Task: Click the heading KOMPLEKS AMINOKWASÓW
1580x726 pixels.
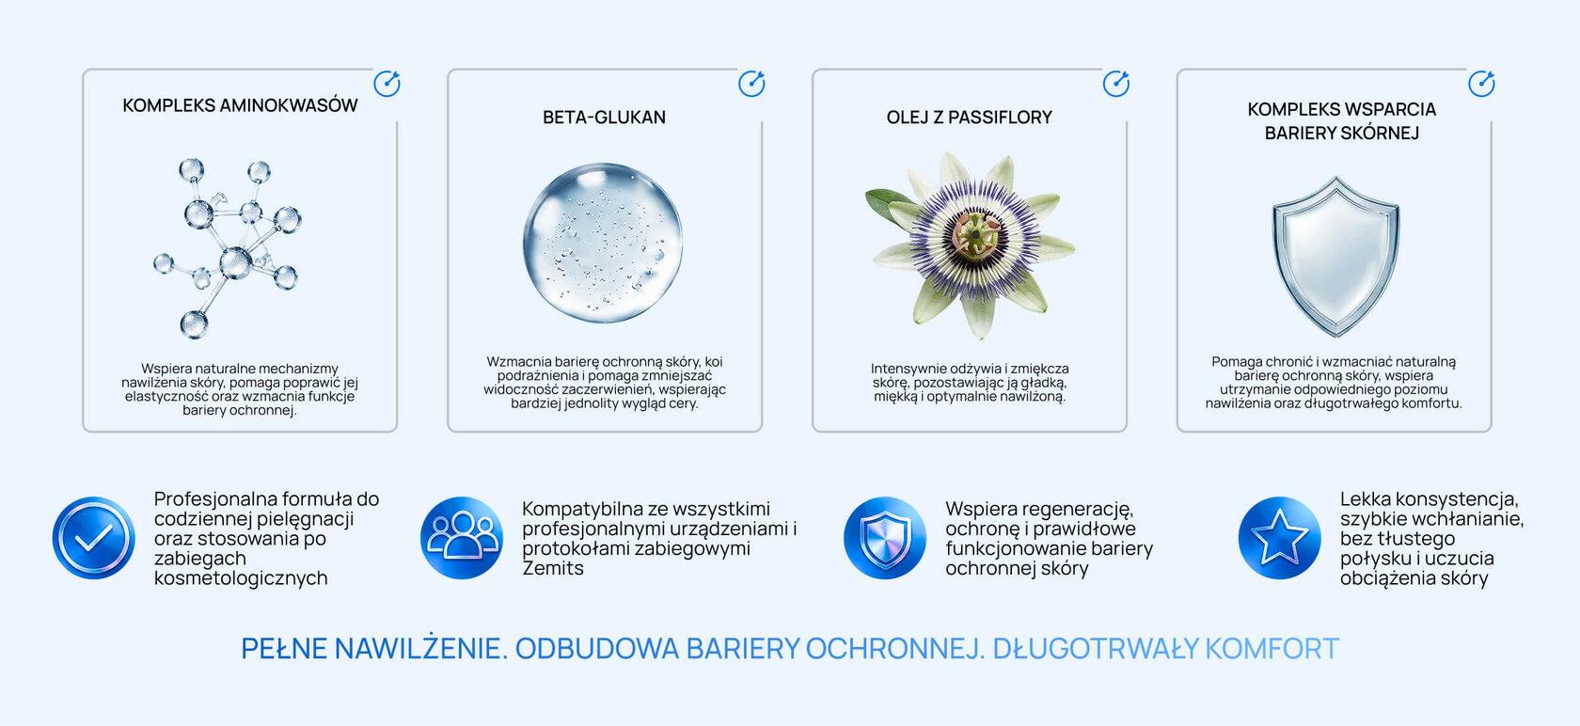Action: point(240,105)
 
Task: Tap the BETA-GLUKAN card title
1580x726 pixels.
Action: point(604,118)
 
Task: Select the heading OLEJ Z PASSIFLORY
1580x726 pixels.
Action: point(969,118)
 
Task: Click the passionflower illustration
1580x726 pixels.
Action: point(971,245)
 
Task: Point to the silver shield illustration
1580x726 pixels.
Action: point(1335,256)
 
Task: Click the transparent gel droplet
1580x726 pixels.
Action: point(603,243)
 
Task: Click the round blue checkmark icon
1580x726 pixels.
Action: point(94,538)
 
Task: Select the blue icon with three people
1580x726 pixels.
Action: point(462,538)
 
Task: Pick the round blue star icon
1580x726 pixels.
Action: point(1279,538)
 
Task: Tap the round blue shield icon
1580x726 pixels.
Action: point(885,538)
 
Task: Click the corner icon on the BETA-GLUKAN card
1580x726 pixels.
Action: point(752,84)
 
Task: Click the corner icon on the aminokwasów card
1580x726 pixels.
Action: point(387,84)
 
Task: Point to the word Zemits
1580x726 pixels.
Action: point(553,568)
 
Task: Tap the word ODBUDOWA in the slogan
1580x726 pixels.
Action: point(596,648)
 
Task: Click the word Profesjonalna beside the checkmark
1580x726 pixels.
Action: point(217,498)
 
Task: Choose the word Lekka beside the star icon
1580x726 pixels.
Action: point(1366,498)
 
